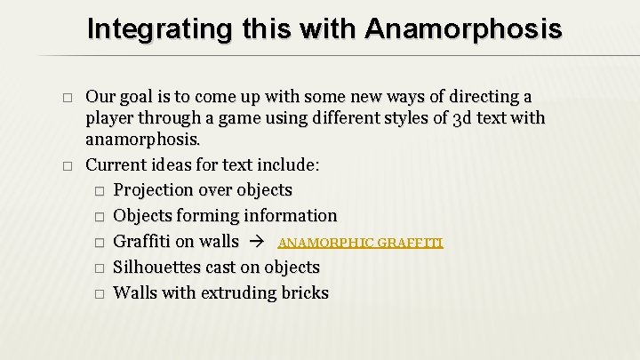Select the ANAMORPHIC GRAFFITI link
(360, 242)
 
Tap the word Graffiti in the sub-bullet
(143, 242)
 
